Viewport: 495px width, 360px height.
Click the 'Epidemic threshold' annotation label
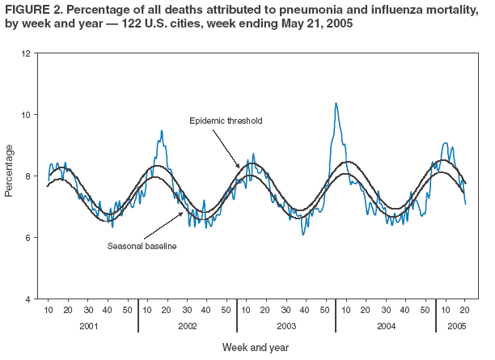point(226,121)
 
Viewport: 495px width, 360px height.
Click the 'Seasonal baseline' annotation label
point(142,245)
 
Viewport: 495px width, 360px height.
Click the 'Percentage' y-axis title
point(10,171)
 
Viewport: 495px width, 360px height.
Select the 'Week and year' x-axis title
point(256,347)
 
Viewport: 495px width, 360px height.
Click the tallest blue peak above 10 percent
point(336,104)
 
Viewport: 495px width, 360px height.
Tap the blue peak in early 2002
point(162,131)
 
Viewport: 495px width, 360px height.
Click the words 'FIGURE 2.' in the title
point(30,9)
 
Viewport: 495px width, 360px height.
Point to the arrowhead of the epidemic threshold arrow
point(239,167)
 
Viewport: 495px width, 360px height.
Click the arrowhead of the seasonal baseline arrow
point(183,213)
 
